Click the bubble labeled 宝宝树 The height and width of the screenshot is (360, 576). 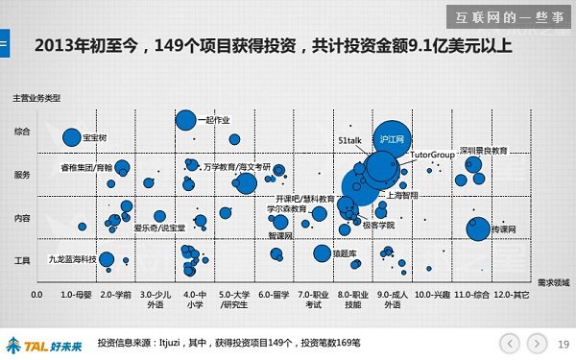tap(71, 137)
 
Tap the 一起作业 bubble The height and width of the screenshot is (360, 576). tap(186, 120)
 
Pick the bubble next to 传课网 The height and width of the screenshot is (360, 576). tap(477, 228)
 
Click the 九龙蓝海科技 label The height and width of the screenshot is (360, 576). tap(72, 258)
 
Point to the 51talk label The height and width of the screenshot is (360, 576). tap(348, 139)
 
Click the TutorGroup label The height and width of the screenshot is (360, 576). tap(431, 154)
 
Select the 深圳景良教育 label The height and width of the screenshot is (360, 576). tap(483, 151)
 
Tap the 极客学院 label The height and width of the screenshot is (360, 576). tap(378, 224)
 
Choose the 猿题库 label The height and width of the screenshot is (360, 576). tap(344, 253)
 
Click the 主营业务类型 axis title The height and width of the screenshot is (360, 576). tap(36, 99)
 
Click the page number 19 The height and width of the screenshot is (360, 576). tap(564, 343)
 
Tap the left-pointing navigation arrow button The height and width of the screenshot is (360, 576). tap(510, 342)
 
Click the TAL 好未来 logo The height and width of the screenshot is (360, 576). tap(43, 343)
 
